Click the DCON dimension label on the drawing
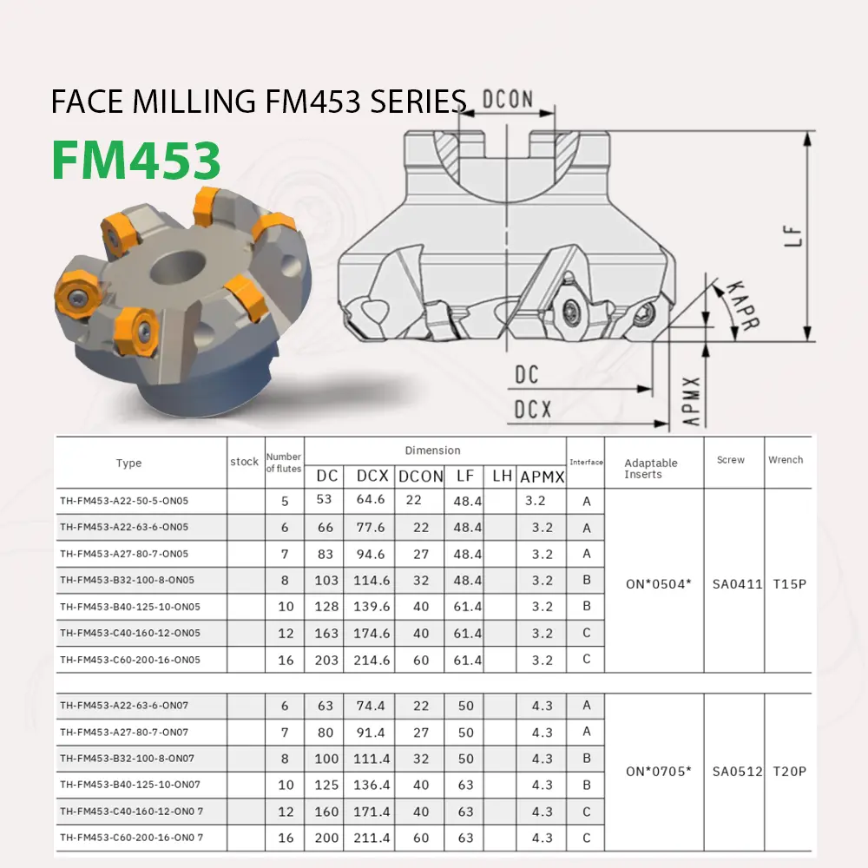(508, 99)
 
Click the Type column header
(128, 464)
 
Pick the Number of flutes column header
(283, 463)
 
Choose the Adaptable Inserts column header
(651, 469)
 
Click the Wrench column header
(786, 460)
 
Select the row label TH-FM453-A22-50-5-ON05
(124, 501)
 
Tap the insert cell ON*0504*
(658, 584)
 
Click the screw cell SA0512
(737, 771)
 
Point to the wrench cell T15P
(790, 584)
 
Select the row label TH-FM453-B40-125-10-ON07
(130, 785)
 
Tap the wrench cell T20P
(790, 771)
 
